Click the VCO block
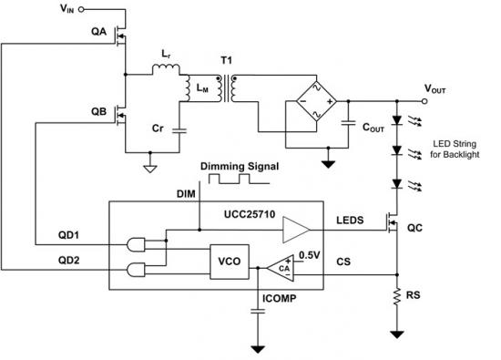[230, 262]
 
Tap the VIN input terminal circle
[81, 10]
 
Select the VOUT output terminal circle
[424, 101]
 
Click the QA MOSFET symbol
[121, 36]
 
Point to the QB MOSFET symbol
[121, 115]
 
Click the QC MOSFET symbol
[393, 223]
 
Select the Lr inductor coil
[166, 69]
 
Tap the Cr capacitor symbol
[179, 130]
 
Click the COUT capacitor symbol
[348, 123]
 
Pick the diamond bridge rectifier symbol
[316, 101]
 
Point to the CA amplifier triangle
[281, 268]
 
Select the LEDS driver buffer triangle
[296, 230]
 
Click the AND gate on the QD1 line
[136, 245]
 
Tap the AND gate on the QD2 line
[136, 270]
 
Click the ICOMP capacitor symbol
[258, 312]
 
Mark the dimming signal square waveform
[239, 179]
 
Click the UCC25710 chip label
[250, 214]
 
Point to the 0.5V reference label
[310, 255]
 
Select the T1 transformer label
[227, 60]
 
